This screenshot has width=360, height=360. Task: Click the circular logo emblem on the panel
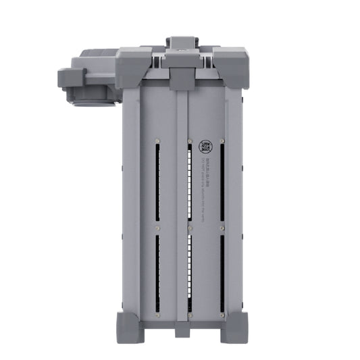[x=204, y=147]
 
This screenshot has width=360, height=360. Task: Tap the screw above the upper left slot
[x=157, y=141]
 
